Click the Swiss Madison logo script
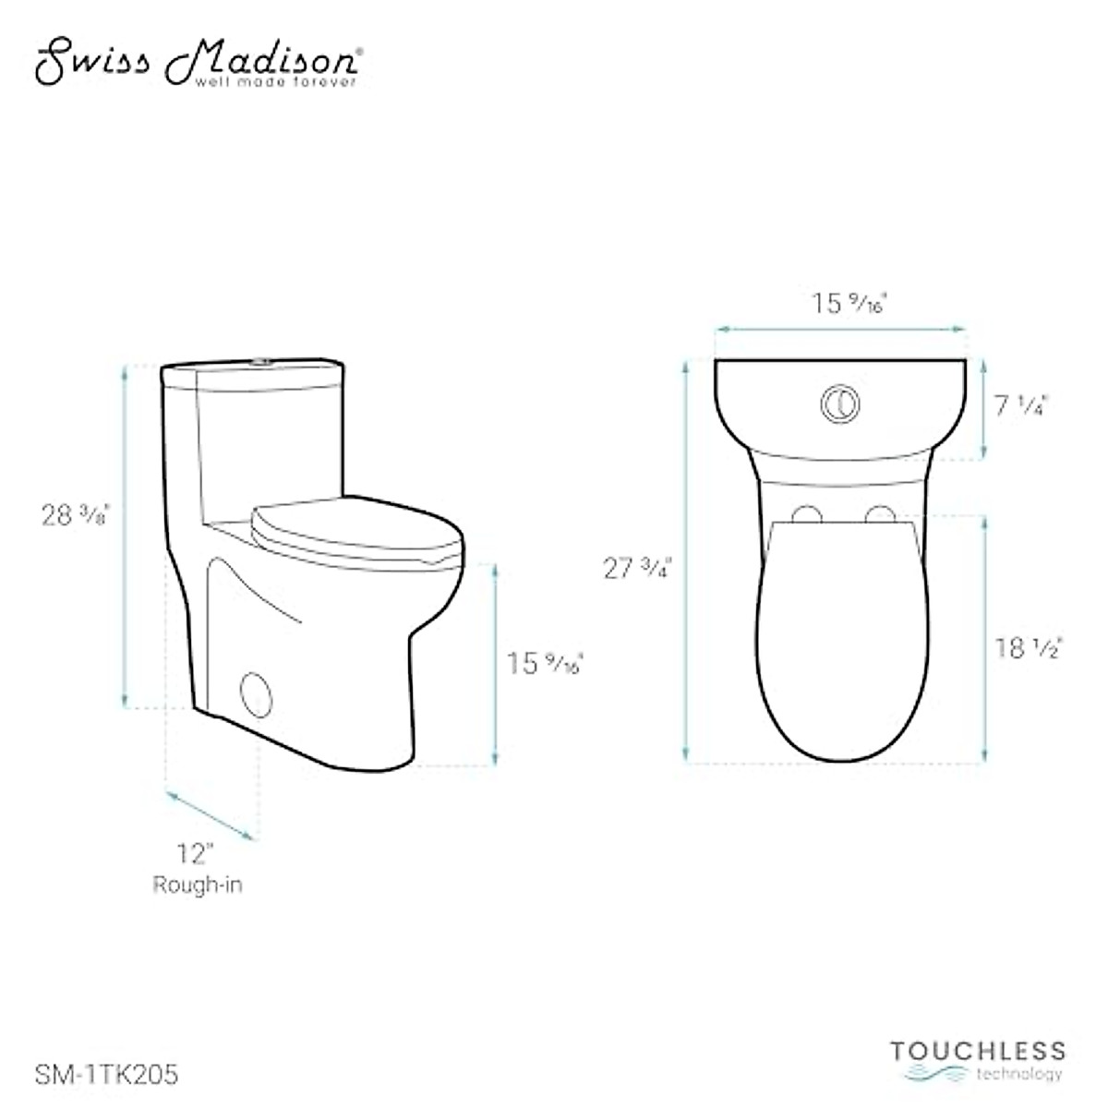click(194, 61)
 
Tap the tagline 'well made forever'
click(274, 83)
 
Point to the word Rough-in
click(198, 885)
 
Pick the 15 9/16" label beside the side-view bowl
click(545, 662)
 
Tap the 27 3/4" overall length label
click(637, 568)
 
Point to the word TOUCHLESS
click(978, 1051)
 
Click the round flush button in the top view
click(840, 403)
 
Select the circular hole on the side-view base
click(256, 692)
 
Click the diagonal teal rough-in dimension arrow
click(209, 814)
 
